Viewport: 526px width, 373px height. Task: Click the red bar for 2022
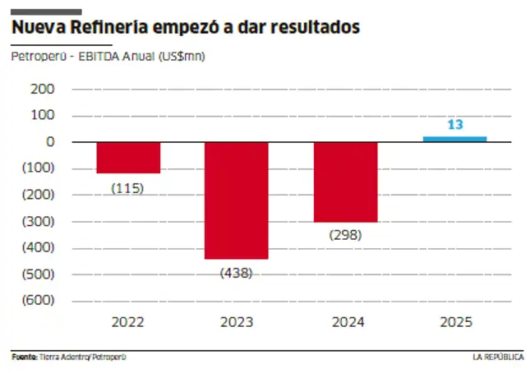tap(127, 157)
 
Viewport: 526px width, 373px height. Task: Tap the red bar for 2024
tap(345, 182)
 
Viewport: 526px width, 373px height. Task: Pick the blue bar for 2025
tap(454, 139)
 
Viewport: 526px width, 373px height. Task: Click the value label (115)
tap(127, 188)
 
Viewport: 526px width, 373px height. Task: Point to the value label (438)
tap(236, 273)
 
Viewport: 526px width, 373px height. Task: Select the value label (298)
tap(345, 235)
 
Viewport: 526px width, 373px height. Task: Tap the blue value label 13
tap(454, 125)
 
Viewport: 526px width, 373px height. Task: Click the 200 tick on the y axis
tap(43, 89)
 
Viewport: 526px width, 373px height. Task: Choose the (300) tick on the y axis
tap(39, 221)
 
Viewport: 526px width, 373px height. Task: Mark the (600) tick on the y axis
tap(39, 300)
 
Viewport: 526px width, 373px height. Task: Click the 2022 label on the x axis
tap(127, 322)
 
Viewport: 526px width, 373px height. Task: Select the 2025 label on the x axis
tap(454, 322)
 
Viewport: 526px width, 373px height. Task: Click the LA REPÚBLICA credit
tap(497, 357)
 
